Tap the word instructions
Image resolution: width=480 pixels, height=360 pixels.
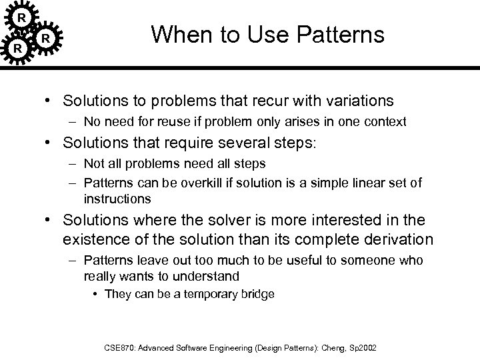[x=117, y=199]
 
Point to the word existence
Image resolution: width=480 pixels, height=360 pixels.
[x=95, y=239]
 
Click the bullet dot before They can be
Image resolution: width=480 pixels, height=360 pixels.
[x=98, y=294]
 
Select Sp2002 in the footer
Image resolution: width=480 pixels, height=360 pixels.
[x=360, y=347]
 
